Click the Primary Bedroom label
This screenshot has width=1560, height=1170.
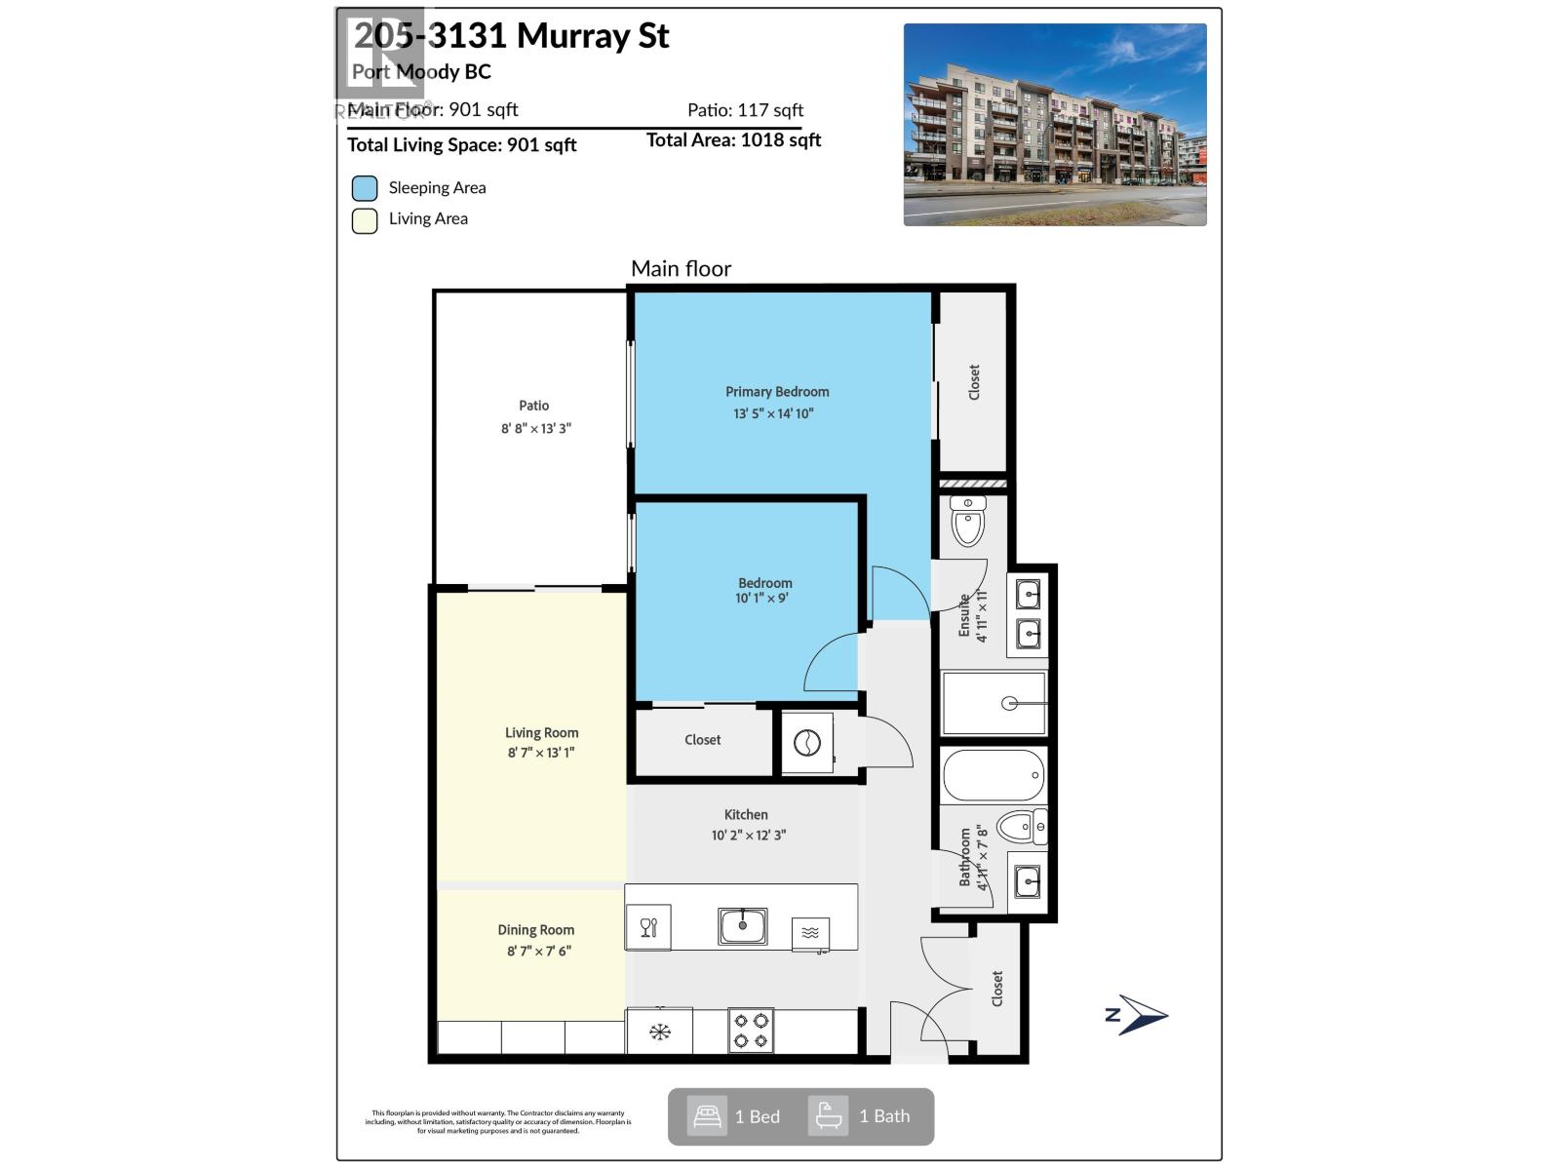pos(777,392)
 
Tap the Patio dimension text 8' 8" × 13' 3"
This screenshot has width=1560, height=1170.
pos(535,428)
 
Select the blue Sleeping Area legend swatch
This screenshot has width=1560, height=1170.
pos(365,188)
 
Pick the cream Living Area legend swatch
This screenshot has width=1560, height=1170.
pos(365,220)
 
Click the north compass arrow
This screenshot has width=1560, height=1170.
pos(1139,1015)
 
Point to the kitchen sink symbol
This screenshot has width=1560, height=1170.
pos(742,925)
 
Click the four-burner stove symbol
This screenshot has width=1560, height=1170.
pos(751,1031)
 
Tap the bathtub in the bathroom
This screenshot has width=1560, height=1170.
pos(994,775)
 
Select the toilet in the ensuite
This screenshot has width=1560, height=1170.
pos(968,522)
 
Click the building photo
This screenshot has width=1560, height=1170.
pos(1055,125)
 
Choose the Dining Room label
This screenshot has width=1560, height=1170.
pos(536,930)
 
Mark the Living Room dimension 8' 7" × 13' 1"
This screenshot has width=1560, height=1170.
pos(541,753)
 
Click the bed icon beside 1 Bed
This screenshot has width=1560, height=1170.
pos(707,1116)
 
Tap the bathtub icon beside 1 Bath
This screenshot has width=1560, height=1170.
pos(829,1116)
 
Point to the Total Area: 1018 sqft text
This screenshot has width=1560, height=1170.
pos(733,140)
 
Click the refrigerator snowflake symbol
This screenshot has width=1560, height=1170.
pos(660,1032)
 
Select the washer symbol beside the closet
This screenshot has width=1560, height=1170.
pos(807,744)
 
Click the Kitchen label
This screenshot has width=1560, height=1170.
pos(746,815)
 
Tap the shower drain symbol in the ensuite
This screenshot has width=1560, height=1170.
pos(1010,703)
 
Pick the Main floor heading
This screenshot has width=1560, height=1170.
pos(681,269)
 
